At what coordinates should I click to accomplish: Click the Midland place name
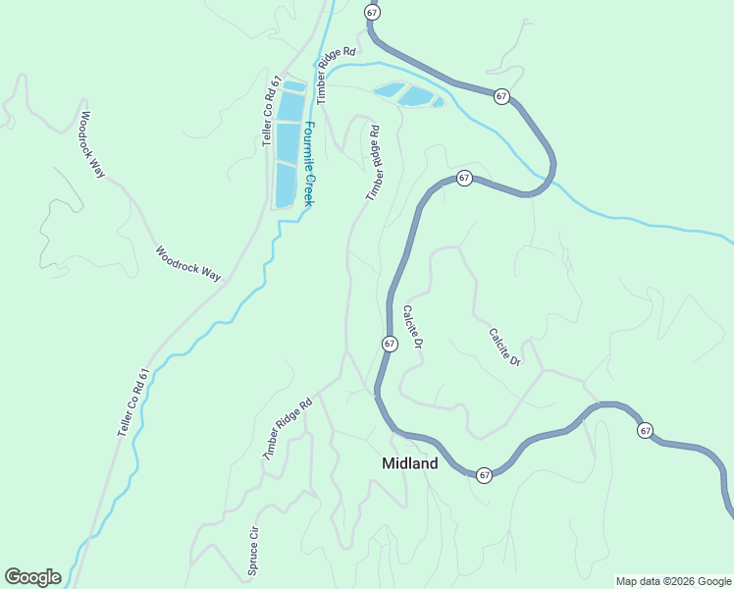409,463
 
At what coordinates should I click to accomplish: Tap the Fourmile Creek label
307,163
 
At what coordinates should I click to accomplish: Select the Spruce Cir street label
253,553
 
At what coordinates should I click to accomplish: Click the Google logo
32,577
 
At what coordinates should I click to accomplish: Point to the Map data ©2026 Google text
673,581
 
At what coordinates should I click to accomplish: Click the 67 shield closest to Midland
485,475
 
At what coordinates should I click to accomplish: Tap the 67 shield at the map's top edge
371,12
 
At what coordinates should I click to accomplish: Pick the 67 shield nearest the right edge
645,431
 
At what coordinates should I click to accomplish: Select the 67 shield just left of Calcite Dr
390,344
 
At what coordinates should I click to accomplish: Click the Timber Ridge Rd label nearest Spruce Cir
287,429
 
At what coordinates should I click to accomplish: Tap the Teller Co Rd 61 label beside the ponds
273,112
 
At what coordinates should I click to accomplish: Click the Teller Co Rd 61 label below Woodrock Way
135,402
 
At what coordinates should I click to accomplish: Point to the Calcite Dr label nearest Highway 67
412,328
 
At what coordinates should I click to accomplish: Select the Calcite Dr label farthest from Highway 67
504,348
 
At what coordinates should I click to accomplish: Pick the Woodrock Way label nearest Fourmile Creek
188,263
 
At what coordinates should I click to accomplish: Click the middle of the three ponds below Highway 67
416,96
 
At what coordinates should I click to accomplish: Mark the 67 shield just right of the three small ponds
501,96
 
